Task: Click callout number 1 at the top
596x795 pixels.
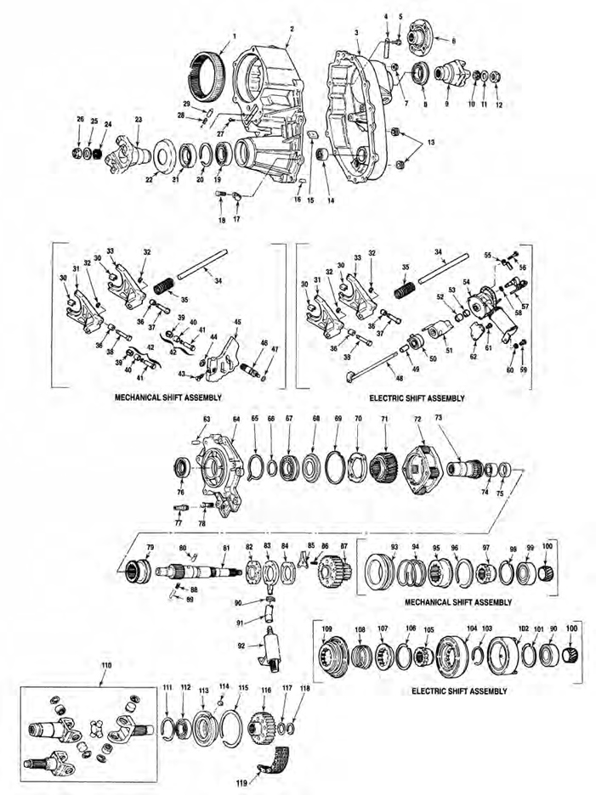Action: point(232,36)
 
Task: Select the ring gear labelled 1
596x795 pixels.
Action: point(209,65)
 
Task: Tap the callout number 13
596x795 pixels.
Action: point(430,143)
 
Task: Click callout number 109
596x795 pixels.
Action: point(326,628)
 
